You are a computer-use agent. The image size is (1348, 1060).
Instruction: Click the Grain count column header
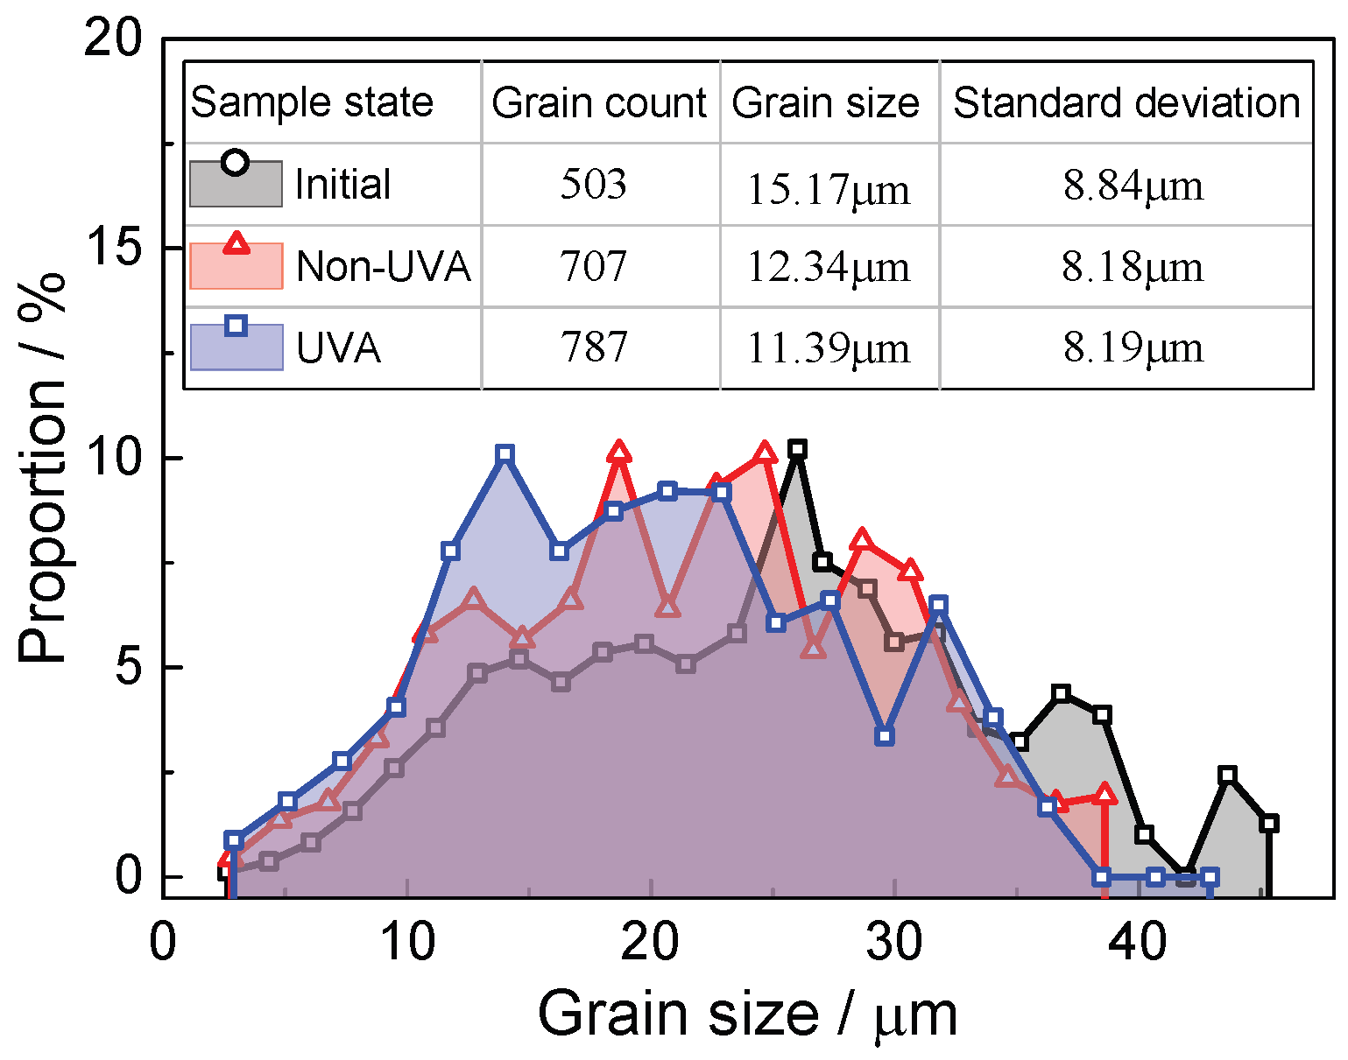point(599,103)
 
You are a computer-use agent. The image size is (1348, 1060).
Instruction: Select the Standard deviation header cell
point(1126,103)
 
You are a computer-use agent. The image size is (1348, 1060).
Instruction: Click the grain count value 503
point(594,185)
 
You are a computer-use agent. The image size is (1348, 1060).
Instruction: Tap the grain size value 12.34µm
point(828,267)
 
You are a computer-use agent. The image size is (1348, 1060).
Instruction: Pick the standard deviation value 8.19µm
point(1133,348)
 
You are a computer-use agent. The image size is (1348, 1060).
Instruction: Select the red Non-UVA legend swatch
point(236,264)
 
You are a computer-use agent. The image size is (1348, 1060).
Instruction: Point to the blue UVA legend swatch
point(236,347)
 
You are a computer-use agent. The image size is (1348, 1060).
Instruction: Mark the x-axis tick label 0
point(164,944)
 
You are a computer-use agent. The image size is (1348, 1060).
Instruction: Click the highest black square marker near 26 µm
point(796,449)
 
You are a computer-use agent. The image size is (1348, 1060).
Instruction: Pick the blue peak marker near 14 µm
point(505,453)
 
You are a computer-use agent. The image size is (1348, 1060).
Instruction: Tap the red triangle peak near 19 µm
point(619,453)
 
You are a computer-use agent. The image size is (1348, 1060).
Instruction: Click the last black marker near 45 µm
point(1269,823)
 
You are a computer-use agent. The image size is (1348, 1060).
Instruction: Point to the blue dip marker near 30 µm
point(885,736)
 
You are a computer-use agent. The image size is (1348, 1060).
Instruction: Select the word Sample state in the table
point(312,103)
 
